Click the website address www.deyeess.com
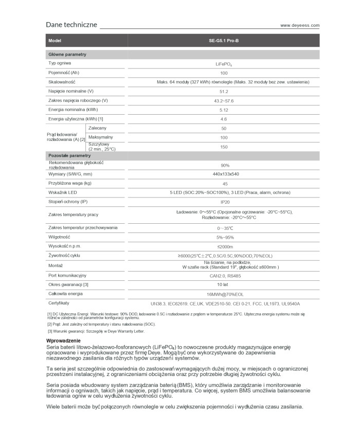point(300,25)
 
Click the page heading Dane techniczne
point(71,25)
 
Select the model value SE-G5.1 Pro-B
point(224,40)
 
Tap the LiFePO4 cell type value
point(224,63)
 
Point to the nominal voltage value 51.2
point(224,91)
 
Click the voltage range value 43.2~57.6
point(224,100)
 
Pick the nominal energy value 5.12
point(224,110)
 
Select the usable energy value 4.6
point(224,119)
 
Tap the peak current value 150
point(224,147)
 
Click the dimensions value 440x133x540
point(224,174)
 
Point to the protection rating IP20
point(224,202)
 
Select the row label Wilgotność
point(59,237)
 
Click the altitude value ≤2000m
point(224,246)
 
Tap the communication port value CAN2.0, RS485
point(224,275)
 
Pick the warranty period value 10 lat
point(224,284)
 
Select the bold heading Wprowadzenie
point(63,341)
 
